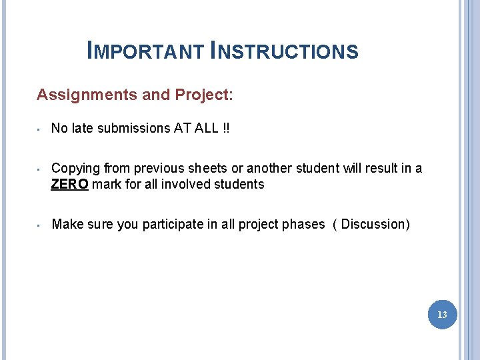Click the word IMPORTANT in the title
[x=145, y=51]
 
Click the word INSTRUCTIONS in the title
[x=284, y=51]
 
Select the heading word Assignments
[x=87, y=95]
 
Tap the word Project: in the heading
[x=204, y=95]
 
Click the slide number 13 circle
[x=443, y=314]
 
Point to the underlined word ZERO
[x=69, y=184]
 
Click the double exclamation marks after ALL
[x=227, y=128]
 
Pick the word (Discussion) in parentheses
[x=375, y=224]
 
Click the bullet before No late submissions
[x=40, y=129]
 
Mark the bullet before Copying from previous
[x=40, y=169]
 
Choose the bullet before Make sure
[x=40, y=225]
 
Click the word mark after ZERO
[x=105, y=184]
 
